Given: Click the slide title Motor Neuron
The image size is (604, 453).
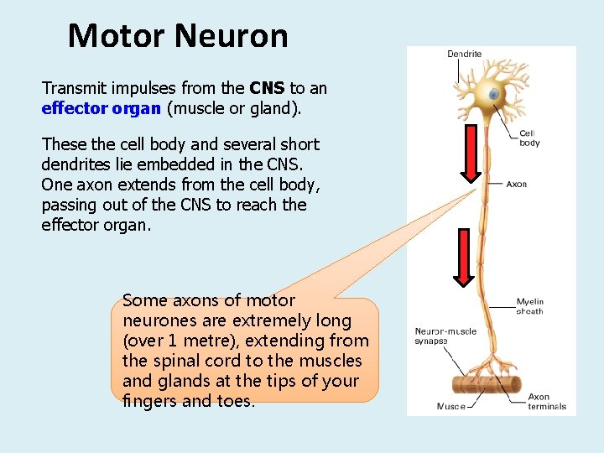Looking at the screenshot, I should (x=178, y=36).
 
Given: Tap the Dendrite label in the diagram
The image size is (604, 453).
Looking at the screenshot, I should (x=464, y=55).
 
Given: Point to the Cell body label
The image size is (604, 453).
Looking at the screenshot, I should (x=529, y=138).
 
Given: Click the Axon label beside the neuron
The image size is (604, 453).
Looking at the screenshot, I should (x=517, y=184).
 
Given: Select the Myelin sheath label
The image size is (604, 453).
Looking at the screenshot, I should (x=529, y=306).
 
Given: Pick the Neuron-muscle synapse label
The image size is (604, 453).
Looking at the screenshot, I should (x=445, y=336).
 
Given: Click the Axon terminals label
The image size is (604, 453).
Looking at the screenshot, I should (x=546, y=402).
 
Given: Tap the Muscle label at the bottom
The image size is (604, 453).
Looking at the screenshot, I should (x=450, y=407).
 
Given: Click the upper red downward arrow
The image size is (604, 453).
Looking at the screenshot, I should (x=471, y=154).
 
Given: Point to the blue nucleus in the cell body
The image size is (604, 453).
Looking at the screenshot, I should (x=494, y=95).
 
